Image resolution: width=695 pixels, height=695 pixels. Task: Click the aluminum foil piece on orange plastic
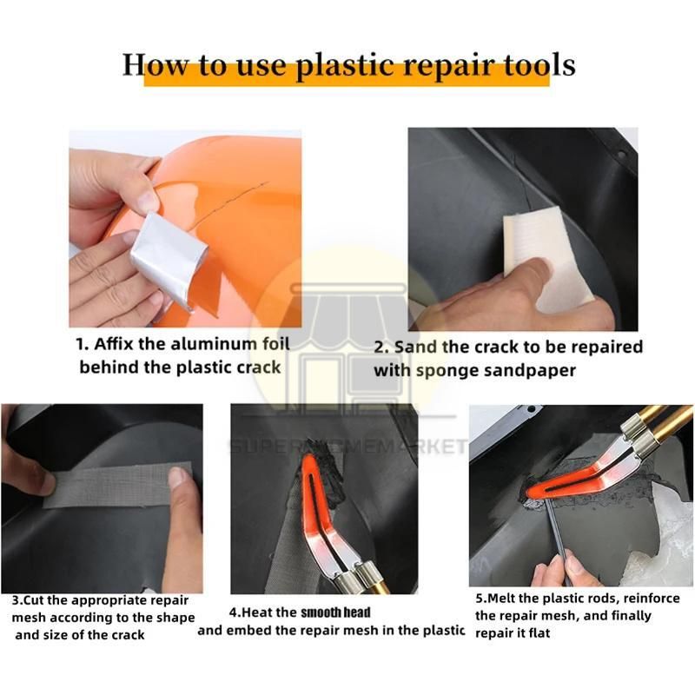tap(169, 260)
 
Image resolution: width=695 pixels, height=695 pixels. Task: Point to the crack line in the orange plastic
tap(230, 202)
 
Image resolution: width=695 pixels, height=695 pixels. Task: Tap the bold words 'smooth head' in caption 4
tap(335, 612)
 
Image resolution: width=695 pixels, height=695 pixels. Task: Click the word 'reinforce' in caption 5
tap(652, 599)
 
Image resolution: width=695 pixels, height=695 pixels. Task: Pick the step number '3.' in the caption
tap(17, 600)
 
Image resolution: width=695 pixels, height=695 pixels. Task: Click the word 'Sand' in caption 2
tap(412, 347)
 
